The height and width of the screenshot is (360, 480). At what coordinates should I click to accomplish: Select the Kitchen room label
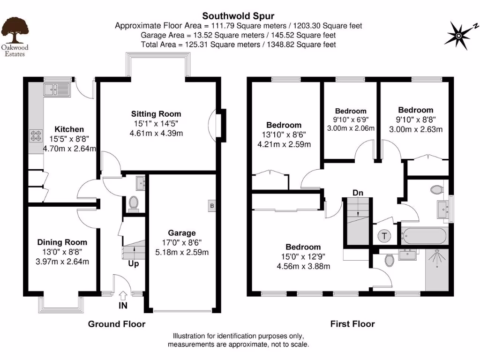click(x=69, y=129)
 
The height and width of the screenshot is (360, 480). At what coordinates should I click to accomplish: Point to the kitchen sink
click(x=56, y=89)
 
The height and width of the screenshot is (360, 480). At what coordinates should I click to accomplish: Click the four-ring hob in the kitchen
click(x=36, y=135)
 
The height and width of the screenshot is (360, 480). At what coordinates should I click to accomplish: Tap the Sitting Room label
click(x=156, y=114)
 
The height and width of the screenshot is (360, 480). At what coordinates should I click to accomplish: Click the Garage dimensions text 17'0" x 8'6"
click(x=182, y=243)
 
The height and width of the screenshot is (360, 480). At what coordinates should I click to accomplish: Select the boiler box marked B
click(x=212, y=205)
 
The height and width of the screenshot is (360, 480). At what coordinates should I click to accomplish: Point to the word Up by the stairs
click(x=134, y=264)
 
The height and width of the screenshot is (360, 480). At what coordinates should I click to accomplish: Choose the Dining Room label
click(x=62, y=242)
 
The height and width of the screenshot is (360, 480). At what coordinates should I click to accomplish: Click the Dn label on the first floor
click(x=358, y=192)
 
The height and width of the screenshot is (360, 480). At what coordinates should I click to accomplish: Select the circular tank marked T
click(x=384, y=235)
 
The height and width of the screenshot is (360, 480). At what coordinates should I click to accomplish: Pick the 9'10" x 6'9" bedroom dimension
click(x=350, y=120)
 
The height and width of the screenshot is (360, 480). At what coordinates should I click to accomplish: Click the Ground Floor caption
click(x=117, y=324)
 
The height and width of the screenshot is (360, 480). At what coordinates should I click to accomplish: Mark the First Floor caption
click(x=352, y=324)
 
